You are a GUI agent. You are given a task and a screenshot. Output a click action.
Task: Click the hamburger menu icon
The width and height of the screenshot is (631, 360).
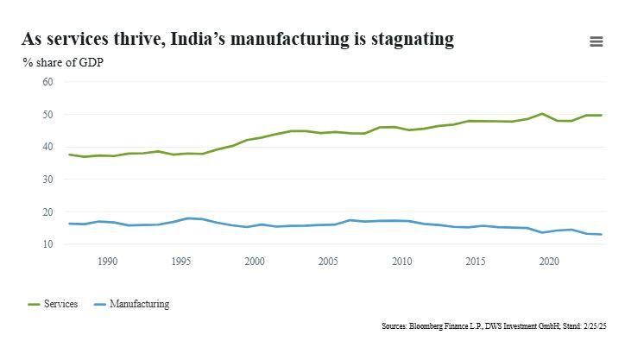(596, 41)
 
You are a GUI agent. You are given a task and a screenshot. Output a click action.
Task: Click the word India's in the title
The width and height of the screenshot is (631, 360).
(197, 39)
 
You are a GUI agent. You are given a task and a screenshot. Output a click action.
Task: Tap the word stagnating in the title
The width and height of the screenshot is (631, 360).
(413, 40)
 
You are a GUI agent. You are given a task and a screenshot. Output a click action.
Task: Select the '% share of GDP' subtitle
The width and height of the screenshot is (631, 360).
(63, 62)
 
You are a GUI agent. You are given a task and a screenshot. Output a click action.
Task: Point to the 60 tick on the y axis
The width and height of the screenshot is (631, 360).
(47, 82)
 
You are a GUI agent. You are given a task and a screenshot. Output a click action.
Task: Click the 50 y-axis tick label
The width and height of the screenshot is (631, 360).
(47, 114)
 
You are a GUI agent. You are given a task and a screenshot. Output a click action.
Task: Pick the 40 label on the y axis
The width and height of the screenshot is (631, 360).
(47, 147)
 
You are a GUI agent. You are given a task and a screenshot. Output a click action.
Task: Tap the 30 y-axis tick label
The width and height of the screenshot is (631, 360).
(47, 180)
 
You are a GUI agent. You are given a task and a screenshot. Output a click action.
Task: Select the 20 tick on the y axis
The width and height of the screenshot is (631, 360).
(47, 212)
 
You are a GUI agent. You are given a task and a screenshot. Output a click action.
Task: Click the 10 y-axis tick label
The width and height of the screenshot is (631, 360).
(47, 244)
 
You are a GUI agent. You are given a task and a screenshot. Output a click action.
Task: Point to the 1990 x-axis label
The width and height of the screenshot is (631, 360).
(107, 262)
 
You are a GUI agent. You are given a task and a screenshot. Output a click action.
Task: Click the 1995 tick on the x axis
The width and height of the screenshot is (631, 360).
(181, 262)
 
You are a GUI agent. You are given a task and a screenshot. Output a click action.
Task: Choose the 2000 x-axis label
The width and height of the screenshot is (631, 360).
(255, 262)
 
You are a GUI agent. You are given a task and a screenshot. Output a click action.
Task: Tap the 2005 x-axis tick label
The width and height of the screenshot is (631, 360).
(328, 262)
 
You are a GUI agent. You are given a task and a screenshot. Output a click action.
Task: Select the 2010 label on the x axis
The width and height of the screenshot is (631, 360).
(402, 262)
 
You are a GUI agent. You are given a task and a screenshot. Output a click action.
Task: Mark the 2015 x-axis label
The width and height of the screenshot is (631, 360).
(476, 262)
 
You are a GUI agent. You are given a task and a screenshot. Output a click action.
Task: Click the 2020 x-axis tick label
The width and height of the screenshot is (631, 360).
(549, 262)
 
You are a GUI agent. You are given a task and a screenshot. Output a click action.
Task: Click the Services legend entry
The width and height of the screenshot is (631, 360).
(53, 304)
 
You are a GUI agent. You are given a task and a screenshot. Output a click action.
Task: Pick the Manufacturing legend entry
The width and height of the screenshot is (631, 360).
(131, 304)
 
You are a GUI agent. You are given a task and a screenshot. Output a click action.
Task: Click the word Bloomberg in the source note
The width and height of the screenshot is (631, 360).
(426, 325)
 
